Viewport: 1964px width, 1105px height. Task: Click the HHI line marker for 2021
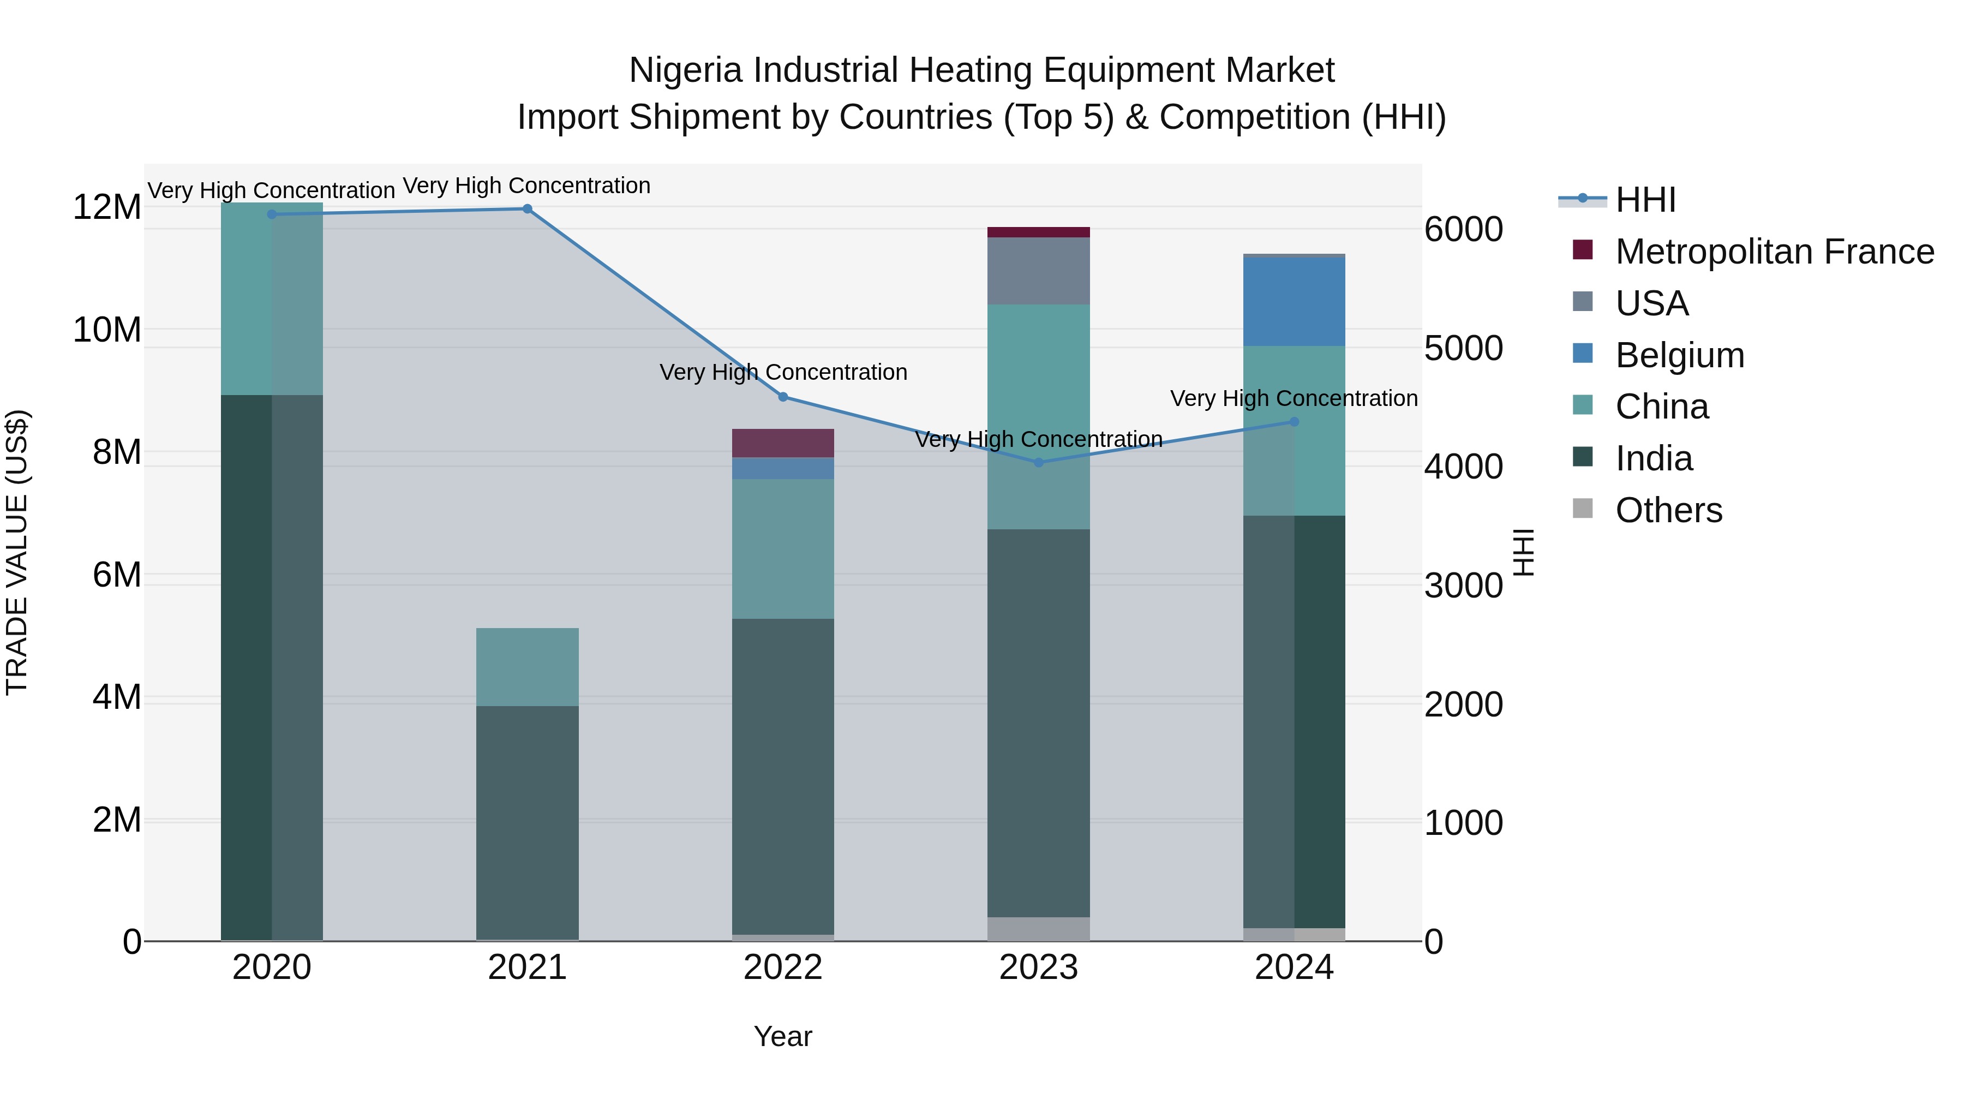click(x=527, y=209)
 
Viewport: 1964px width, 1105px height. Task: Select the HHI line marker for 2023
click(x=1038, y=462)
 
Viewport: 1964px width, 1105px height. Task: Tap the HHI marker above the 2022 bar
click(x=783, y=397)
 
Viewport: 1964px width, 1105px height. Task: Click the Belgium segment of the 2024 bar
click(x=1294, y=302)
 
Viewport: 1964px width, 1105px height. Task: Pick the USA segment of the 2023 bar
click(x=1038, y=271)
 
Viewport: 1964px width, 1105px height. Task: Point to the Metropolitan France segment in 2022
click(x=783, y=443)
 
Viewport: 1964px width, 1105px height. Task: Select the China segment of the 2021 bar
click(x=527, y=666)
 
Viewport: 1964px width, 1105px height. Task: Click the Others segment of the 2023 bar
click(x=1038, y=928)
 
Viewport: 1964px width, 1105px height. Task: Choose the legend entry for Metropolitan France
click(x=1774, y=252)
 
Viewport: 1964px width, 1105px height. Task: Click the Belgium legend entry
click(x=1680, y=355)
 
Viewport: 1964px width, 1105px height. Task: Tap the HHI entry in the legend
click(x=1645, y=200)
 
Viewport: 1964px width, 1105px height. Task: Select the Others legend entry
click(x=1668, y=510)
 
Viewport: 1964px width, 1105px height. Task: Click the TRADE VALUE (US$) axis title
click(x=17, y=552)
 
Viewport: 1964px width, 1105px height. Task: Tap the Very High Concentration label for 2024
click(x=1294, y=398)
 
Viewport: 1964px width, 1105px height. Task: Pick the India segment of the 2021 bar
click(x=527, y=822)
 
